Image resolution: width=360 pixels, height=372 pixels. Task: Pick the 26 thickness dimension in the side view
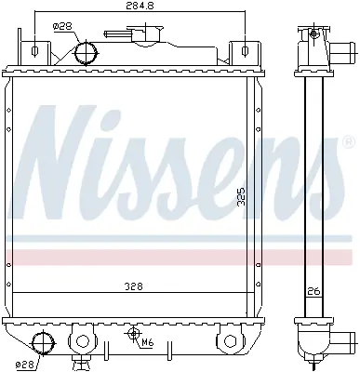point(315,291)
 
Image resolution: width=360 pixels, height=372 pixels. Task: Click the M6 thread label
point(148,342)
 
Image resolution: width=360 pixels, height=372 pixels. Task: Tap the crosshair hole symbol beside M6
point(133,333)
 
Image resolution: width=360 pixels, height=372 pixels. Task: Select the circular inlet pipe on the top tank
point(85,51)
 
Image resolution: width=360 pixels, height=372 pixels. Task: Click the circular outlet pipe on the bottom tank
point(41,341)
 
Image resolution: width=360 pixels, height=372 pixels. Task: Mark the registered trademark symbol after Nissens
point(348,142)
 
